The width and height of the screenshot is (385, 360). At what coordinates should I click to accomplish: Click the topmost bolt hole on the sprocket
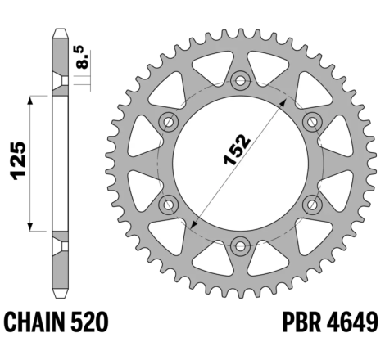coord(240,80)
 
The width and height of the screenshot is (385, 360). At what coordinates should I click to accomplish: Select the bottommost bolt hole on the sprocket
coord(240,244)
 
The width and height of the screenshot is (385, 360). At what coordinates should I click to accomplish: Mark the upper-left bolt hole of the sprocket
coord(170,121)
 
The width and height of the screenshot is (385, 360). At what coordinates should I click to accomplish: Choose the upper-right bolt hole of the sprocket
coord(310,121)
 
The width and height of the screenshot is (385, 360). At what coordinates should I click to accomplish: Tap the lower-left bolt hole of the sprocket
coord(170,203)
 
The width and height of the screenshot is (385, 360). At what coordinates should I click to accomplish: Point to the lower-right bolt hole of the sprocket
coord(310,203)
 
